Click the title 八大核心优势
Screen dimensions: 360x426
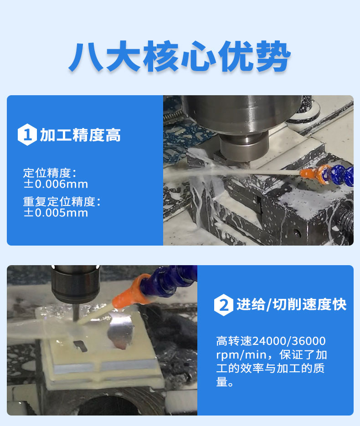[x=180, y=56]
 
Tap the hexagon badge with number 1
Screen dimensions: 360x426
[x=27, y=134]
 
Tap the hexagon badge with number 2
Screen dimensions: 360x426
[x=224, y=305]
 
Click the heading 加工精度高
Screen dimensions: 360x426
[x=80, y=135]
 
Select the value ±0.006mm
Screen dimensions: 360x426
[x=56, y=184]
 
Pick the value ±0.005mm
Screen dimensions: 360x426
[x=56, y=213]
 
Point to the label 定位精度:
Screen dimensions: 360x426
[x=50, y=173]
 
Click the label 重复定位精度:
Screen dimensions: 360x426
[x=62, y=201]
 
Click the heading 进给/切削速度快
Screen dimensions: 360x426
[x=292, y=304]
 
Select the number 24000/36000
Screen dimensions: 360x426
[x=289, y=341]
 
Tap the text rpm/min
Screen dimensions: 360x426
[x=241, y=355]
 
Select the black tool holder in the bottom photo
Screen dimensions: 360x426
[x=76, y=284]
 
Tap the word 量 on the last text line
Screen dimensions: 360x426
[x=222, y=382]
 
